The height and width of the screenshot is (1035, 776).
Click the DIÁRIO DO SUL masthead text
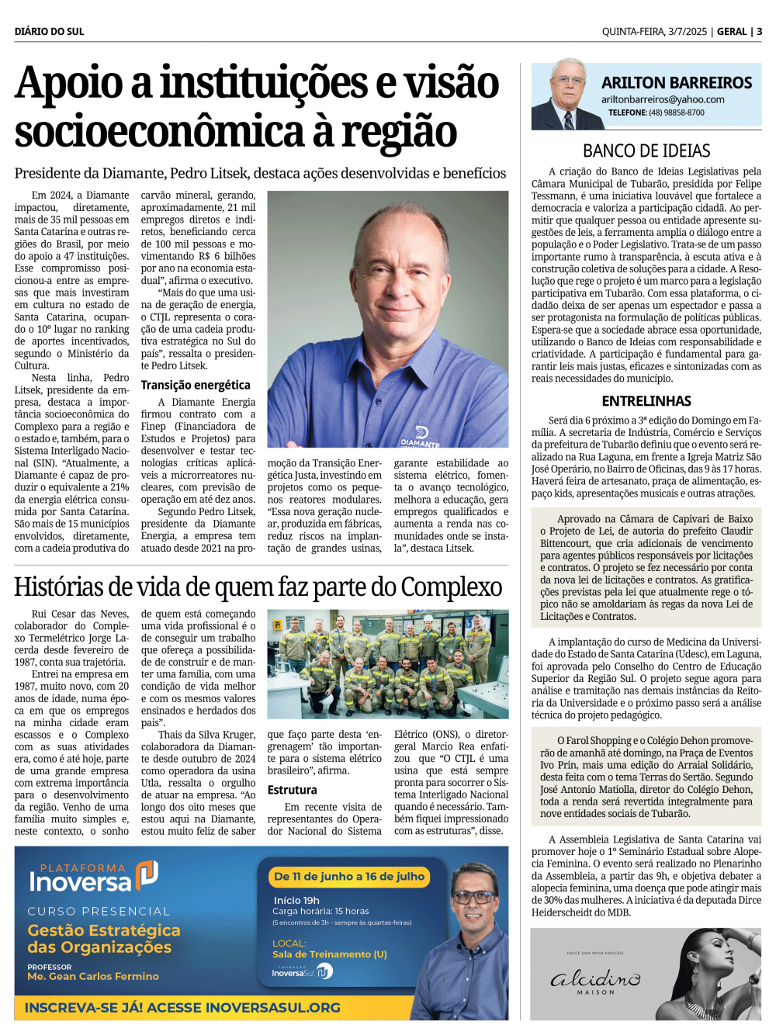(x=49, y=32)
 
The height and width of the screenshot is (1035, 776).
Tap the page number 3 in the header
(x=759, y=32)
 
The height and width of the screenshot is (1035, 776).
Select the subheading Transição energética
(x=196, y=385)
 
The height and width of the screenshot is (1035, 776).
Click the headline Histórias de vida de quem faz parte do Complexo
(x=258, y=587)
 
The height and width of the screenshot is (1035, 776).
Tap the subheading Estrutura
(x=292, y=790)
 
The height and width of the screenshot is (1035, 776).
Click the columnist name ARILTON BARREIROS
(x=677, y=83)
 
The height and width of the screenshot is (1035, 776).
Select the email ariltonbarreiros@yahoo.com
(x=663, y=99)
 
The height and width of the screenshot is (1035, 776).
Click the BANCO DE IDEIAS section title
(x=646, y=151)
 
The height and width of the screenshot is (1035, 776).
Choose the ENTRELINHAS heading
(x=646, y=401)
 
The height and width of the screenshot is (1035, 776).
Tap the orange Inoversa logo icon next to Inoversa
(x=147, y=874)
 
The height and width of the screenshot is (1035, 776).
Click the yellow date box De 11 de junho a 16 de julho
(x=349, y=877)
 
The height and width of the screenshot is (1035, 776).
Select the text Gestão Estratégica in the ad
(x=104, y=930)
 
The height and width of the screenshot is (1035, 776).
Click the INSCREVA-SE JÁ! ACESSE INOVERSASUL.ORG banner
(x=183, y=1008)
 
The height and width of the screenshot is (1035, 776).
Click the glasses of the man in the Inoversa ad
(x=473, y=898)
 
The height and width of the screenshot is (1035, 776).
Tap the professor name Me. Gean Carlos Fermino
(x=93, y=976)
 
